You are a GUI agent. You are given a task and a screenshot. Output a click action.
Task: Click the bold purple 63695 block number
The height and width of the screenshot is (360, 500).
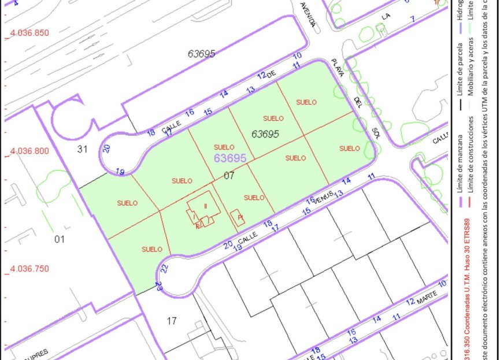click(x=230, y=157)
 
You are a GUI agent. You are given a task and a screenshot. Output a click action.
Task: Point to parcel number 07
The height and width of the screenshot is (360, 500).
click(x=229, y=176)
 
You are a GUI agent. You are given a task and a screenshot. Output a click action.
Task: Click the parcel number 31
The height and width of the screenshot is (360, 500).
click(x=82, y=149)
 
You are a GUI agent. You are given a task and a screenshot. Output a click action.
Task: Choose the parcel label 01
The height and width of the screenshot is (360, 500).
click(x=60, y=239)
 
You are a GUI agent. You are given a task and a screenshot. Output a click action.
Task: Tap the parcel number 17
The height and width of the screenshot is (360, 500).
click(x=172, y=321)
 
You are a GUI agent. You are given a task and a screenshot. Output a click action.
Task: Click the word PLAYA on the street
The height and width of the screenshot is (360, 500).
click(x=338, y=68)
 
